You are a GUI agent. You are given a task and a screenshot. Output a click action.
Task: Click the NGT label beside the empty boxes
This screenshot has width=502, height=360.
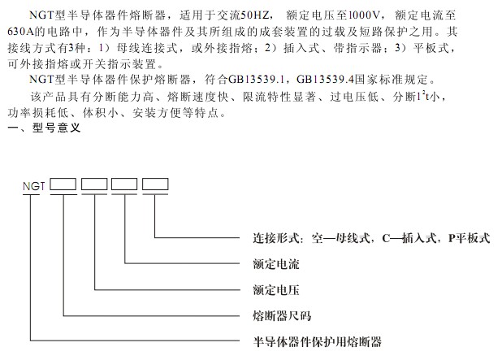[34, 186]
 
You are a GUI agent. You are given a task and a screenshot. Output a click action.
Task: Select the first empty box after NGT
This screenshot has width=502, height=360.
[63, 184]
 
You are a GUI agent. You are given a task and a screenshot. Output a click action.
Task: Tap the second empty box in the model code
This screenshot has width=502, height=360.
[94, 184]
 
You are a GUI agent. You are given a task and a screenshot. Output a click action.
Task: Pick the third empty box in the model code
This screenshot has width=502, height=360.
[124, 184]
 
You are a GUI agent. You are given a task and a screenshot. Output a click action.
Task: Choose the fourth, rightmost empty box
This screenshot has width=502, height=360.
[155, 184]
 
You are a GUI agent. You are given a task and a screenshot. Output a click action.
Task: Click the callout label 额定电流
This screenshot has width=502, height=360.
[276, 264]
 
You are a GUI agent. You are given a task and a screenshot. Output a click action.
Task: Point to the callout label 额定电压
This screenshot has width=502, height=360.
[276, 290]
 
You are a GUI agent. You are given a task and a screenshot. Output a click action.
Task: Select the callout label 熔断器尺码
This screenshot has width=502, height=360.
[282, 316]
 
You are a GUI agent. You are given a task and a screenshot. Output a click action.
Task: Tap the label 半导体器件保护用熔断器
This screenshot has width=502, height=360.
[318, 342]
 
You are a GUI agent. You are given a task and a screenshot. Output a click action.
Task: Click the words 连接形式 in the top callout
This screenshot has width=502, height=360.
[276, 238]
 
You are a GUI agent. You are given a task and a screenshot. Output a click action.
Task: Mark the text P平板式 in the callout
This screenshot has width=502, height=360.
[469, 238]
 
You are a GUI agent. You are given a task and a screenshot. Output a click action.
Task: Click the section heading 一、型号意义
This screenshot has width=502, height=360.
[44, 128]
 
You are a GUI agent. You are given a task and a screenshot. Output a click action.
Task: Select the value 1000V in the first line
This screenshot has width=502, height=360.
[364, 15]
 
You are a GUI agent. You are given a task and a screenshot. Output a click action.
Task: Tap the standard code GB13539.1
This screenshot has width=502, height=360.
[256, 80]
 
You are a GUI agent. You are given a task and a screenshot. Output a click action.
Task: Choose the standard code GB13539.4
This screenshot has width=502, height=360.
[325, 80]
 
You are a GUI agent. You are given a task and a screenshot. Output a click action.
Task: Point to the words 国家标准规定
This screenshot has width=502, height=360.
[392, 80]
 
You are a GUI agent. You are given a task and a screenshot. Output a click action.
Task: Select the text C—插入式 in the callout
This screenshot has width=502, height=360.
[409, 238]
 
